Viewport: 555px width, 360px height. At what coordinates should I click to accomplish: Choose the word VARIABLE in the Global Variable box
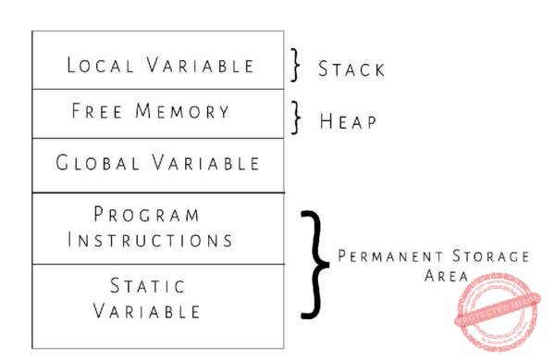pos(204,164)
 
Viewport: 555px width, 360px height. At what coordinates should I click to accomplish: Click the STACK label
pos(351,69)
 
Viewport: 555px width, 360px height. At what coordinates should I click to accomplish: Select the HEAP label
pos(347,121)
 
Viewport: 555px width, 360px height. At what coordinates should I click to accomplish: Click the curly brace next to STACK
pos(295,66)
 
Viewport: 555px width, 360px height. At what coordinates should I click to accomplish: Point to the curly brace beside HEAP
pos(295,118)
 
